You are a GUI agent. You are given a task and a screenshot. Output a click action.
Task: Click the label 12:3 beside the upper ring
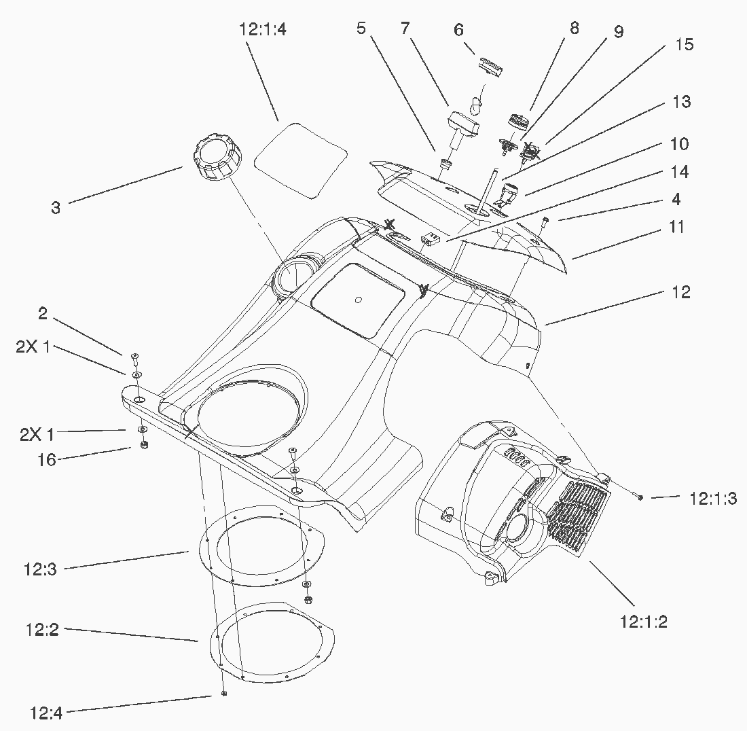click(41, 569)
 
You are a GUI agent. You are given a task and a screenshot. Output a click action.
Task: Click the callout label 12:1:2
click(643, 621)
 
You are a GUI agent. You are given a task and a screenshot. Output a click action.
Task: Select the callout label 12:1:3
click(712, 499)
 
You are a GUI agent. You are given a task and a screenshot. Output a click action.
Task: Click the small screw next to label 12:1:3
click(640, 498)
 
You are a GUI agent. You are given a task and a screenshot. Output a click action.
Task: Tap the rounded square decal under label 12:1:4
click(300, 160)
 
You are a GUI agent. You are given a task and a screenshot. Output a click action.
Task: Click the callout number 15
click(684, 45)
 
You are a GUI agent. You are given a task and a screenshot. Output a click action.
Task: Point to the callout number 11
click(676, 227)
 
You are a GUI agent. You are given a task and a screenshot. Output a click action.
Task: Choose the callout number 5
click(361, 29)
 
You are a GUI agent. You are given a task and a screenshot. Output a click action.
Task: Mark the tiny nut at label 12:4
click(223, 694)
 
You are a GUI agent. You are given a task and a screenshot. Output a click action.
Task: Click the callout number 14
click(679, 173)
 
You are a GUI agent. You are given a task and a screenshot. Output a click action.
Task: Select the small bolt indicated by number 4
click(545, 222)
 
